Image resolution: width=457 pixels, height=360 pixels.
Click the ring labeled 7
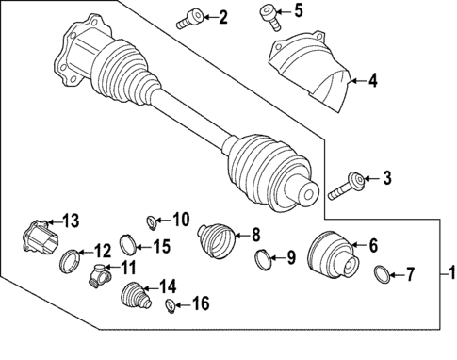pyautogui.click(x=381, y=276)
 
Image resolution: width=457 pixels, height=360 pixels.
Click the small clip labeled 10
pyautogui.click(x=151, y=222)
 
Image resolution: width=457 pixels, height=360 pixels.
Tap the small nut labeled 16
pyautogui.click(x=170, y=305)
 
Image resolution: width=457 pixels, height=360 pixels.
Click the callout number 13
pyautogui.click(x=70, y=221)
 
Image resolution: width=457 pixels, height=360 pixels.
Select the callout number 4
pyautogui.click(x=372, y=82)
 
